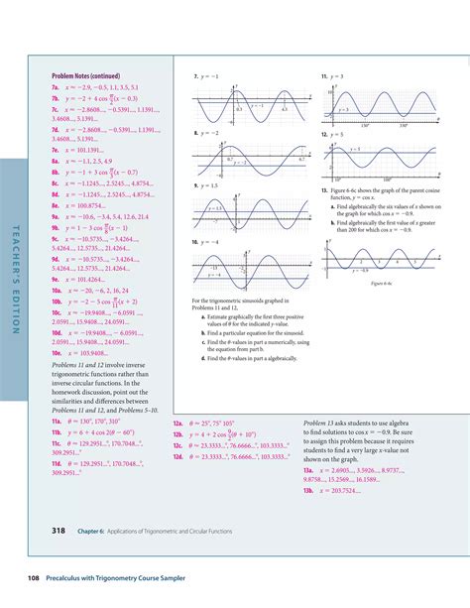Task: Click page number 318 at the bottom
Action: [x=59, y=531]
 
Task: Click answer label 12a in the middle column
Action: [x=179, y=422]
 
